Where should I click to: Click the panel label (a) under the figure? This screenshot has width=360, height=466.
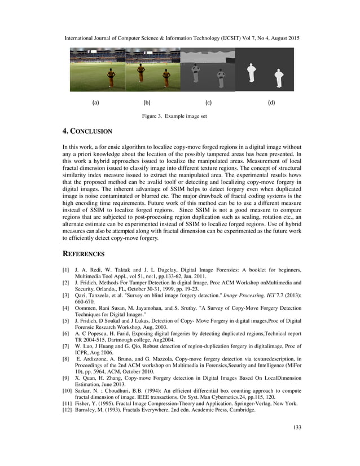(x=95, y=103)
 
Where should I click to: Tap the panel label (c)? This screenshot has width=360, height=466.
(x=208, y=103)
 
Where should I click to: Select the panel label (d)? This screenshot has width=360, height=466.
(x=271, y=103)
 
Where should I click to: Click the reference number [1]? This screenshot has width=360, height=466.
(x=66, y=271)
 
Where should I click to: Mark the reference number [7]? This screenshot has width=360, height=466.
(x=66, y=346)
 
